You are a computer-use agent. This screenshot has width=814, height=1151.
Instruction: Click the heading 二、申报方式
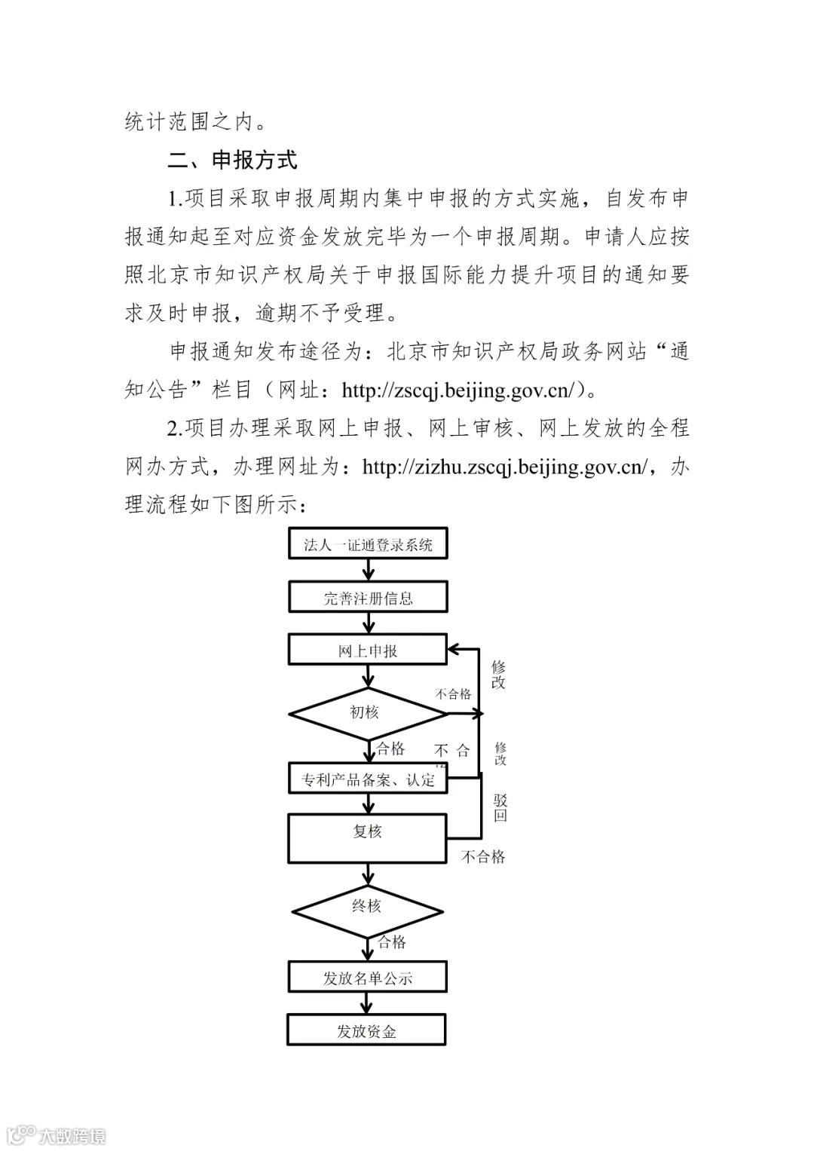pyautogui.click(x=232, y=161)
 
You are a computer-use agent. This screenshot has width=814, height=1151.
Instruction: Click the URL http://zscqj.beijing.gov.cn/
pyautogui.click(x=459, y=390)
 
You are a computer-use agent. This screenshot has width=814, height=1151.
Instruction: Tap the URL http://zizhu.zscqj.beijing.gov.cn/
pyautogui.click(x=504, y=467)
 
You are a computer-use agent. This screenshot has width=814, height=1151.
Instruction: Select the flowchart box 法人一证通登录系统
pyautogui.click(x=368, y=545)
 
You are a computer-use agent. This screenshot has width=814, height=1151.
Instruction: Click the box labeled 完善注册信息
pyautogui.click(x=368, y=598)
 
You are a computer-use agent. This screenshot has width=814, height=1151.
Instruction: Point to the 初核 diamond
pyautogui.click(x=365, y=712)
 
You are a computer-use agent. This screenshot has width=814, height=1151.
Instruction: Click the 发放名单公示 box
pyautogui.click(x=368, y=978)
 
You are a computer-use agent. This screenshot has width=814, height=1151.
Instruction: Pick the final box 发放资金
pyautogui.click(x=366, y=1031)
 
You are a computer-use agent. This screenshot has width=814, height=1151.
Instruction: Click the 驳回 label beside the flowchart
pyautogui.click(x=500, y=808)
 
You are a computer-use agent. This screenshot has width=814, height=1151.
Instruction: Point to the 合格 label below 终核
pyautogui.click(x=393, y=942)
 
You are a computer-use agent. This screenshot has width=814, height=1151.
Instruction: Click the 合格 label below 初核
pyautogui.click(x=391, y=748)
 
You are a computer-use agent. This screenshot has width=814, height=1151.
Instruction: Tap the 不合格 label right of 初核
pyautogui.click(x=453, y=694)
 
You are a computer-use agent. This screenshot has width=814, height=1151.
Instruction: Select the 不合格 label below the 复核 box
pyautogui.click(x=483, y=857)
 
